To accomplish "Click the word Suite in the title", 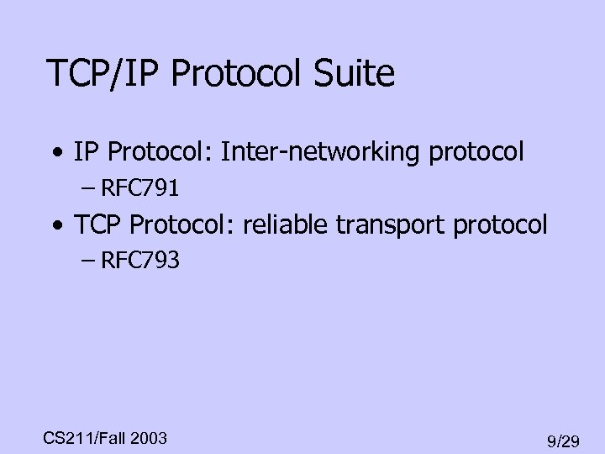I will point(355,74).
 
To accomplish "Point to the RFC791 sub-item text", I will point(139,188).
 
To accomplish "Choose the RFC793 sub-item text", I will point(139,261).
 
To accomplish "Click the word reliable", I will point(284,225).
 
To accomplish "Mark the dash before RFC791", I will point(89,189).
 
